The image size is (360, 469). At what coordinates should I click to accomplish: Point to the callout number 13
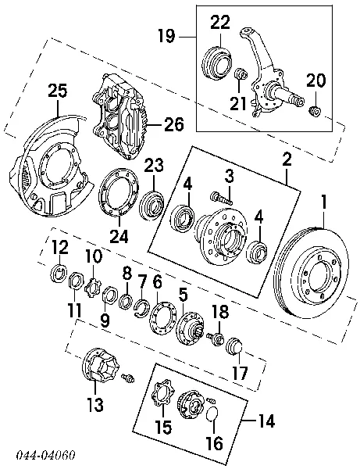coord(95,404)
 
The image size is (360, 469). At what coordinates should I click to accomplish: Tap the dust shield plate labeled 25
coord(48,168)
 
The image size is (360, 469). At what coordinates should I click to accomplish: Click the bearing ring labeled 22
coord(219,63)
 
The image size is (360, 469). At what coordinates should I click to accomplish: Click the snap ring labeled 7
coord(142,310)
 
